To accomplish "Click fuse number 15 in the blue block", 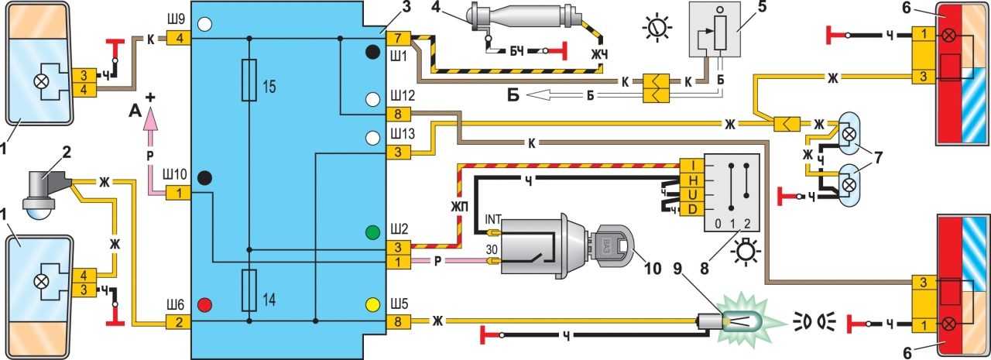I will [x=249, y=80].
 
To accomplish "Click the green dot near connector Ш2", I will [x=373, y=231].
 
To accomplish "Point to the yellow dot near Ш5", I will [x=373, y=303].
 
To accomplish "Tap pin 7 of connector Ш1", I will [x=397, y=38].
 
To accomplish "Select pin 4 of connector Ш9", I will [x=179, y=38].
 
